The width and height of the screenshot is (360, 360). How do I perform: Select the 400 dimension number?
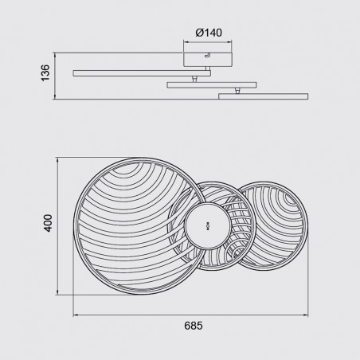pyautogui.click(x=49, y=225)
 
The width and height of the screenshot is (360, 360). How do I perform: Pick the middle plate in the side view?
pyautogui.click(x=212, y=84)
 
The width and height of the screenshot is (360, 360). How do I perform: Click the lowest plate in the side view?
pyautogui.click(x=264, y=97)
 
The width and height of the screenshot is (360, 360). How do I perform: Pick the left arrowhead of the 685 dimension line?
pyautogui.click(x=76, y=313)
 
